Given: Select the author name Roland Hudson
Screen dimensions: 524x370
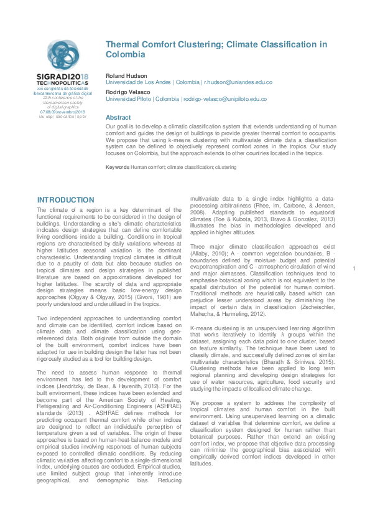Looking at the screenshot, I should [x=126, y=75].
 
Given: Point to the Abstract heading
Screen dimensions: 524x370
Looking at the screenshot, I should [x=118, y=117].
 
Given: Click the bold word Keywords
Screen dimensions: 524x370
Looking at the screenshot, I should [x=118, y=168].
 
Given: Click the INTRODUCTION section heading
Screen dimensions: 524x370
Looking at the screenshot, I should [x=66, y=200].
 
